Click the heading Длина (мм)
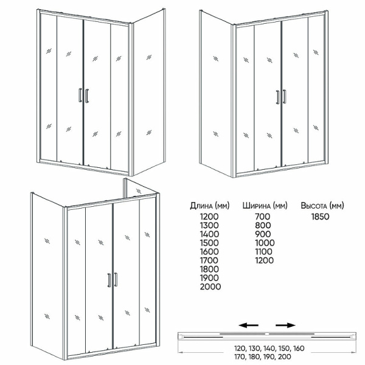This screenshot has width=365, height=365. [x=210, y=206]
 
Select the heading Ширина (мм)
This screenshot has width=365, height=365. [x=265, y=206]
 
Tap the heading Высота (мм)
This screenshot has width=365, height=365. [x=322, y=206]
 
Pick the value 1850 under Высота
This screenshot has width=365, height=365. [x=321, y=217]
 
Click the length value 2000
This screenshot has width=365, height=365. [x=210, y=287]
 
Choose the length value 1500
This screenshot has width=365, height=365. [x=209, y=243]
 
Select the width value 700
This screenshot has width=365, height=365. [x=263, y=217]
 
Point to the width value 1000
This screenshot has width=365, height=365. [x=265, y=243]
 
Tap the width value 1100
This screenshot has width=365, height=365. [x=263, y=252]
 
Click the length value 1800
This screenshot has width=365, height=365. [x=209, y=269]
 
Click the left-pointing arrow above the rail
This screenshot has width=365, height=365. [x=249, y=325]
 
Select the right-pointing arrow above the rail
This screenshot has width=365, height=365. [x=285, y=325]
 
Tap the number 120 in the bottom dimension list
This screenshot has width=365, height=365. [x=240, y=349]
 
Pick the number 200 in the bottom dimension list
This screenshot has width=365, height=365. [x=285, y=356]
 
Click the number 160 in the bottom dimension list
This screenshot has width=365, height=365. [x=298, y=349]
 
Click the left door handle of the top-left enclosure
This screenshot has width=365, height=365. [x=80, y=96]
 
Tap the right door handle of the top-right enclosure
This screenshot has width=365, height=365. [x=285, y=97]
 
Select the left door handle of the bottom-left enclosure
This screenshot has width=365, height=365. [x=109, y=280]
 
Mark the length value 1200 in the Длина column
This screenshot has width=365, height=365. [x=209, y=217]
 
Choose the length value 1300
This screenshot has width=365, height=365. [x=209, y=225]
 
